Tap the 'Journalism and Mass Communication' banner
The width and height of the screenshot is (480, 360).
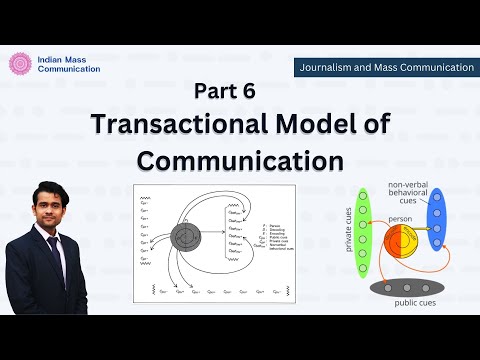tap(384, 67)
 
